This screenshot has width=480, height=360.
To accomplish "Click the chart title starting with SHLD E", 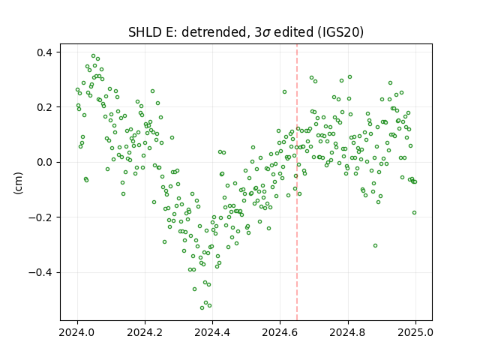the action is [x=246, y=32].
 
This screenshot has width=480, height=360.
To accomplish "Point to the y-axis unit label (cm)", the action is [x=18, y=183].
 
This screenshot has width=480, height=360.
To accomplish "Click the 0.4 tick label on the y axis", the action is [x=45, y=52].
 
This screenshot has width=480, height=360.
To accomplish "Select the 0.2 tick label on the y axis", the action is [x=45, y=107].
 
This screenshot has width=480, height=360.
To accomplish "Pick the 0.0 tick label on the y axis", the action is [x=45, y=162].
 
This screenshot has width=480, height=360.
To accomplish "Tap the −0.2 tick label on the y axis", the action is [x=41, y=217].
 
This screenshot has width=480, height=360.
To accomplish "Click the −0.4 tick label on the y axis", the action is [x=41, y=272].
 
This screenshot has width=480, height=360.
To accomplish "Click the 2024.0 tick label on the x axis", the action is [x=77, y=332].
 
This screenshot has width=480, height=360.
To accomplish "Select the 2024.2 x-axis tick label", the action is [x=145, y=332].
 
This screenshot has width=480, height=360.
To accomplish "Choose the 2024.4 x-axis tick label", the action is [x=212, y=332].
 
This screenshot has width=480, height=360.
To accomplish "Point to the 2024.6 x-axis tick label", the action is [x=280, y=332].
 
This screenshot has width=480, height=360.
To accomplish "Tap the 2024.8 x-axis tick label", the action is [x=348, y=332].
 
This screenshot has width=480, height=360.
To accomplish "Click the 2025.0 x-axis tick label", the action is [x=415, y=332].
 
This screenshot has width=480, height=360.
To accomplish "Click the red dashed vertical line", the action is [x=297, y=182].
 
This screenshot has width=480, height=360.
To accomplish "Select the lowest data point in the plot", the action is [x=202, y=307].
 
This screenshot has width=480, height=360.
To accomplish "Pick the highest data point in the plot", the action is [x=93, y=55].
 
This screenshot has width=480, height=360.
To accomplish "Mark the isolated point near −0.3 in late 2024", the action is [x=375, y=245].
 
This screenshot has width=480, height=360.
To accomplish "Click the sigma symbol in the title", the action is [x=266, y=33].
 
